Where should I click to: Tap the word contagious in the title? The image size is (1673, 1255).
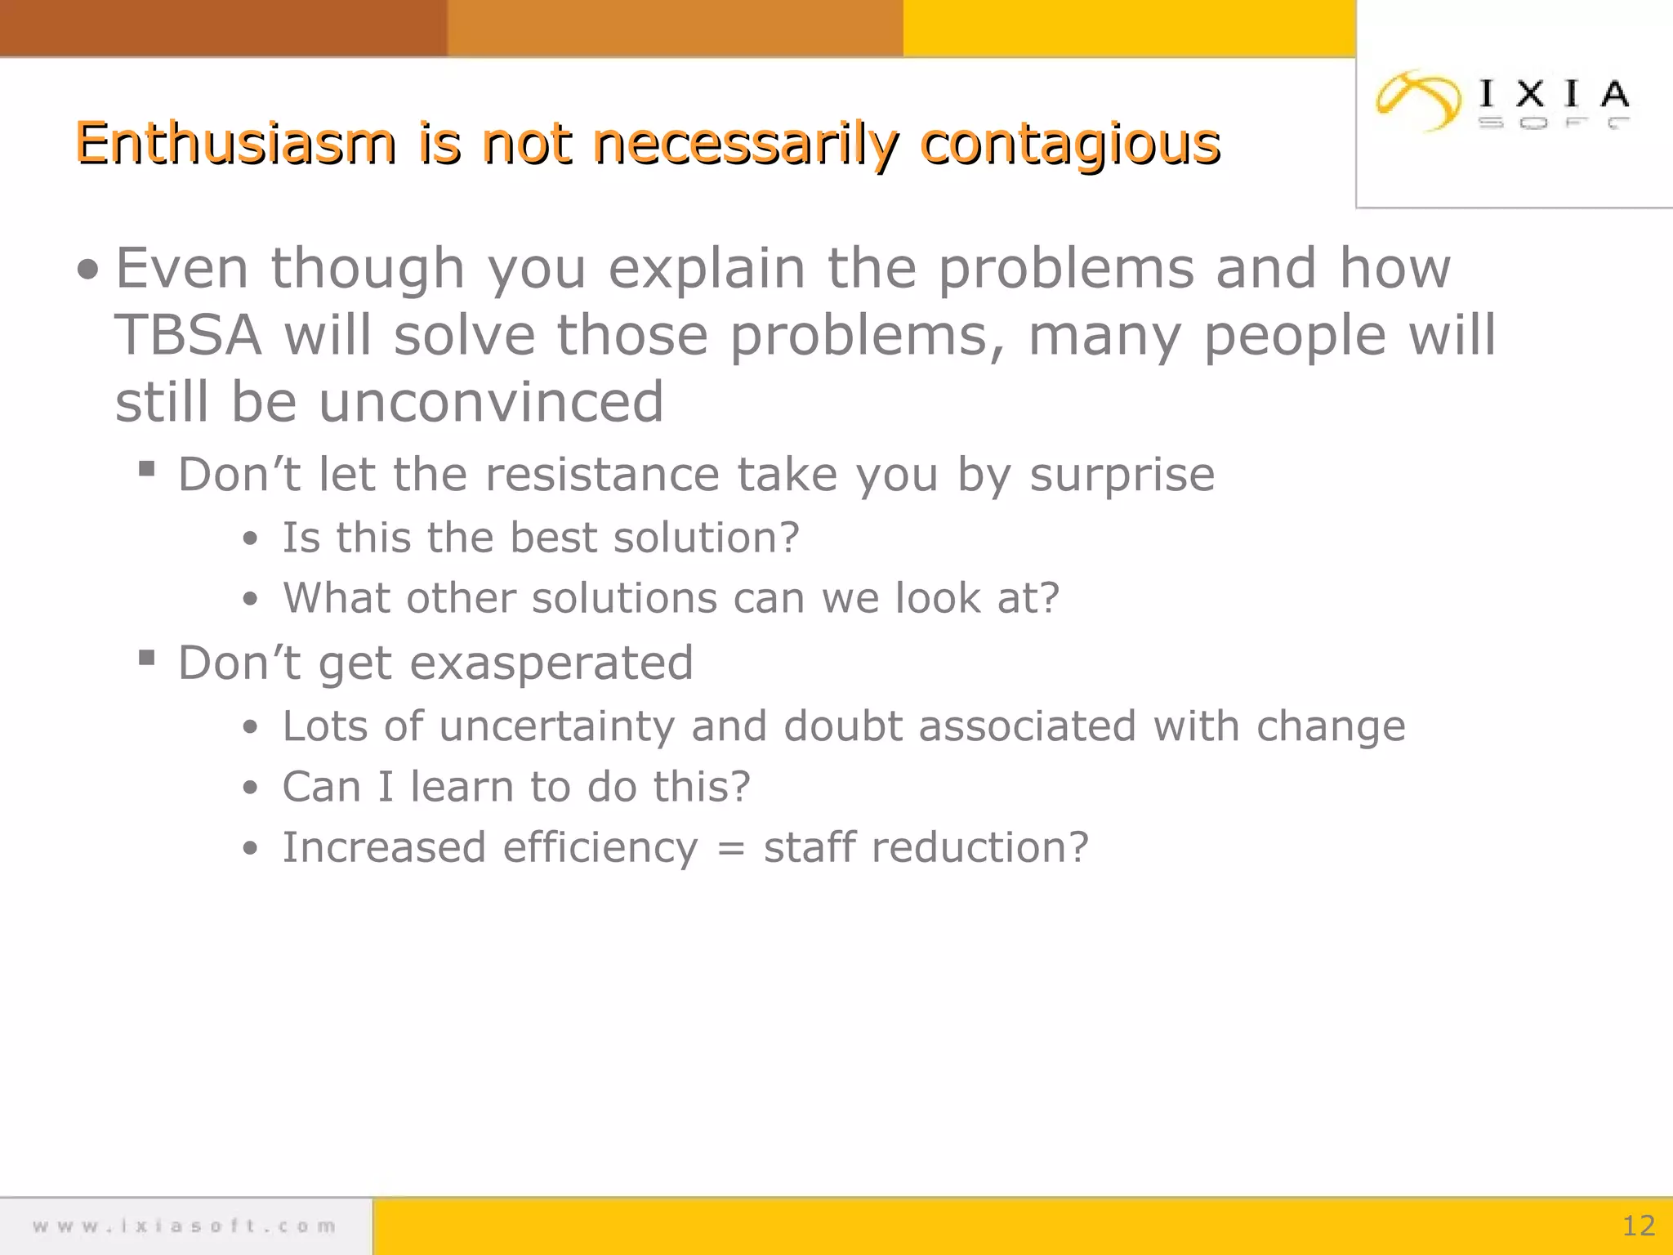(x=1070, y=145)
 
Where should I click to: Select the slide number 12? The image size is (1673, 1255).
(x=1638, y=1226)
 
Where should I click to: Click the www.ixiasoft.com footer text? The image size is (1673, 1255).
(x=185, y=1226)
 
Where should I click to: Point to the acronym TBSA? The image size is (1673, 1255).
(x=189, y=335)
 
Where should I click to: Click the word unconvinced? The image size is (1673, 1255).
(x=490, y=402)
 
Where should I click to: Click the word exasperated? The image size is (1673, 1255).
(x=551, y=663)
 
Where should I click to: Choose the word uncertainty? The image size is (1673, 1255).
(x=556, y=726)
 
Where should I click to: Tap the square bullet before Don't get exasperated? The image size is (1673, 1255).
(x=147, y=657)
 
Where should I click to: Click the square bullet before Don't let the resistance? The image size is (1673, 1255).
(x=147, y=469)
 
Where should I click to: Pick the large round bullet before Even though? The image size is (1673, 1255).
(x=87, y=270)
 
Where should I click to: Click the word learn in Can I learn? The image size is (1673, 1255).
(x=462, y=787)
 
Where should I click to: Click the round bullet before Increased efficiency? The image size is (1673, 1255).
(x=250, y=848)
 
